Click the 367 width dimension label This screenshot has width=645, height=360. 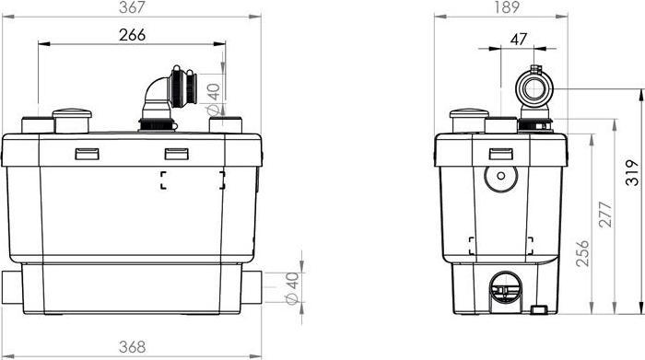132,7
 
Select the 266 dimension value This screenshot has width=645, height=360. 132,35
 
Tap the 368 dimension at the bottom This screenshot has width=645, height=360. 132,347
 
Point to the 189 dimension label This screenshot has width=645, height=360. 507,7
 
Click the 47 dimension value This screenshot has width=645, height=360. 518,39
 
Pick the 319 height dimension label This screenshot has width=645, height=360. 633,172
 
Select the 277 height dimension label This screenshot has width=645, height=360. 605,215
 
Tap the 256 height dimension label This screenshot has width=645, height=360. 582,253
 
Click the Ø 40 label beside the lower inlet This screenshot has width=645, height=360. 292,288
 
